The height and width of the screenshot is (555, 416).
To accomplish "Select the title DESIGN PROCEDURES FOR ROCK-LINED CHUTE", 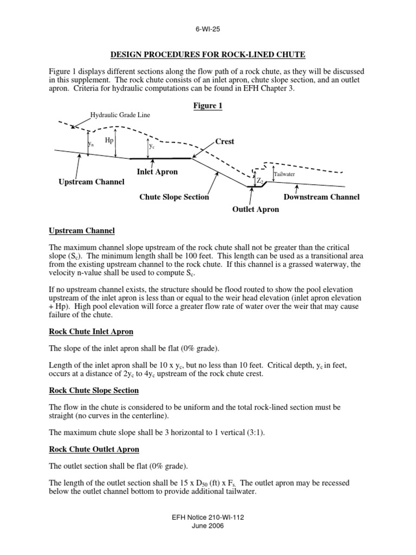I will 207,54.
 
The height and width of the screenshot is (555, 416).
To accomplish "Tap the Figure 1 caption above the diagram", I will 207,106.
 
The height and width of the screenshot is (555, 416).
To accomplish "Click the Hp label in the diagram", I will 109,140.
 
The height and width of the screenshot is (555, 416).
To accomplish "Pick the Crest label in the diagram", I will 225,141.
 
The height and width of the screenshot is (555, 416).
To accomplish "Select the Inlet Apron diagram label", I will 157,172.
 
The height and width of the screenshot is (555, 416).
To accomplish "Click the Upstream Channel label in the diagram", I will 91,182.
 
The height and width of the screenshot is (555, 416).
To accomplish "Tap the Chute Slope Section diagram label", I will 174,197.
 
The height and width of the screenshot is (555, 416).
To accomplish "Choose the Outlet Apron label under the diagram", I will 256,209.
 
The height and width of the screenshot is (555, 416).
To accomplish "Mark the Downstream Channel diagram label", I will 322,197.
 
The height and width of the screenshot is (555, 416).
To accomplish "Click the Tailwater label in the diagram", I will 284,175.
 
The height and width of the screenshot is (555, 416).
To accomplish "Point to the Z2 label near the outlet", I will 260,180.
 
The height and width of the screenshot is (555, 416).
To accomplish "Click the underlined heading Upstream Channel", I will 82,231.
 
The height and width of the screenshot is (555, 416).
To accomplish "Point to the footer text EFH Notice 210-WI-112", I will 207,518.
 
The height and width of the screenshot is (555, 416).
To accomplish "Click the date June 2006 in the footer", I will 207,526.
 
